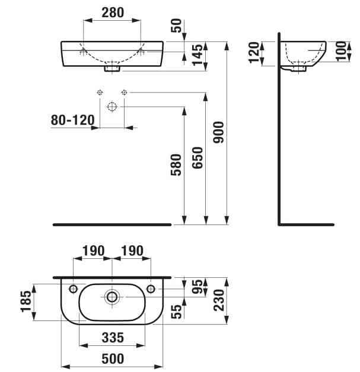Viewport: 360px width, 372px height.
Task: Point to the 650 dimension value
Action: point(197,159)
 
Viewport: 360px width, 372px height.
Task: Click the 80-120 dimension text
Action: point(72,120)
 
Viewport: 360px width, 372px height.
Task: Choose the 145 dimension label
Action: point(197,54)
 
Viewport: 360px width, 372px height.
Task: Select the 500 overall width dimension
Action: point(111,359)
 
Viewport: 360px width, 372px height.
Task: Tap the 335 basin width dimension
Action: point(111,338)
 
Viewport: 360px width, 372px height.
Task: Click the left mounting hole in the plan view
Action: point(73,288)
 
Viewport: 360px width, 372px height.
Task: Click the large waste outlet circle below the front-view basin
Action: point(111,107)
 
